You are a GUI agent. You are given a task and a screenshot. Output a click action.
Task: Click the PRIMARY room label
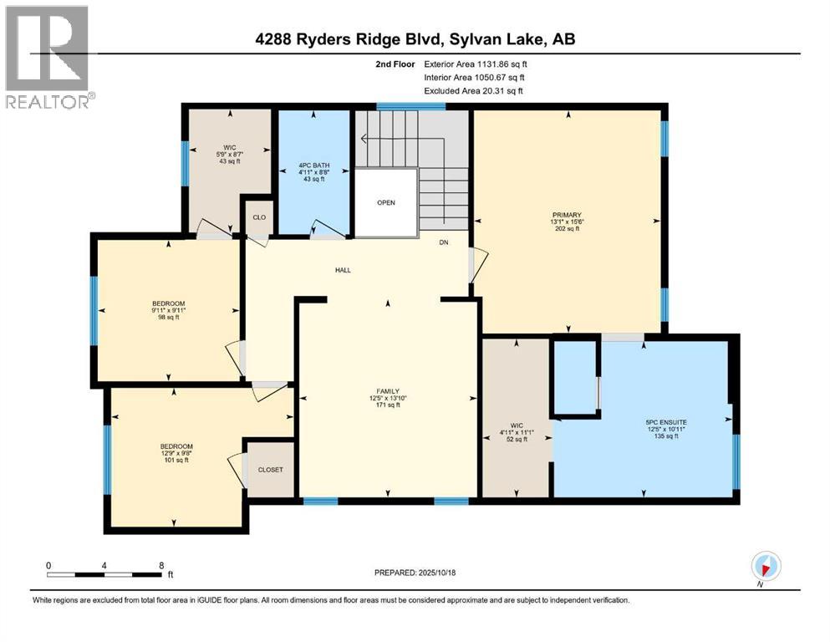[x=566, y=215]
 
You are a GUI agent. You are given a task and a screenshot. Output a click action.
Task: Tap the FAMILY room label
[x=387, y=391]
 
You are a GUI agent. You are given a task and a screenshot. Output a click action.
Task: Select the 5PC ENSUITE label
[x=666, y=423]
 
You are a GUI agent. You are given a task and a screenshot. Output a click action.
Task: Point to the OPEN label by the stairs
[x=385, y=203]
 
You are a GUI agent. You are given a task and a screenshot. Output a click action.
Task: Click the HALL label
[x=343, y=270]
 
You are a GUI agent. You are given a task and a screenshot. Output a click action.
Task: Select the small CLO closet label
[x=259, y=217]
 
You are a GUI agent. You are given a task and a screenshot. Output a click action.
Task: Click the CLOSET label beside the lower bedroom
[x=270, y=470]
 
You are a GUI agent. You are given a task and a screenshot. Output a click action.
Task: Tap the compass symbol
[x=765, y=566]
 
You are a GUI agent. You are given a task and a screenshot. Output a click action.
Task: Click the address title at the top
[x=415, y=38]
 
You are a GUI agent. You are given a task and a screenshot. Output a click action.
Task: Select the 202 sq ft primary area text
[x=566, y=228]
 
